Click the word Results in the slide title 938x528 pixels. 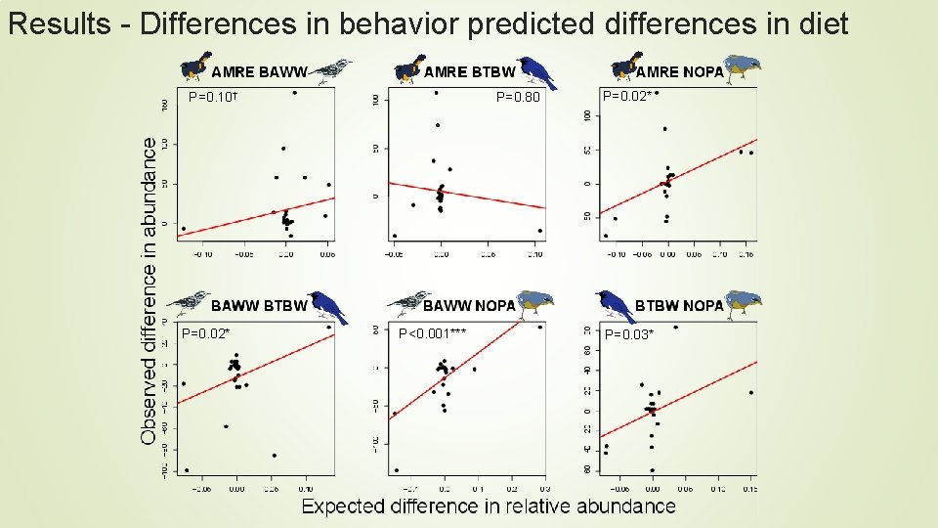59,23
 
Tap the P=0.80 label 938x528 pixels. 517,97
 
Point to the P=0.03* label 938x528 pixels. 628,334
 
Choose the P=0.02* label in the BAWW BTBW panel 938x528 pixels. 205,333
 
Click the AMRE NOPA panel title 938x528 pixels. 679,71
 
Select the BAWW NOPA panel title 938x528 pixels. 468,306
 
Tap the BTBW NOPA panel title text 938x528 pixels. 679,306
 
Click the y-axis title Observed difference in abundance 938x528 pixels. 149,290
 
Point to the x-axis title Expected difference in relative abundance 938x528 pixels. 488,506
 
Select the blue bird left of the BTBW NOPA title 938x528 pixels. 616,305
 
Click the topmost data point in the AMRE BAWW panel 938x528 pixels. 294,93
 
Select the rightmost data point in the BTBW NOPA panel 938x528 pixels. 750,393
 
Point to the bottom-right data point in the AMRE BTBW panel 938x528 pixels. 539,231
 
